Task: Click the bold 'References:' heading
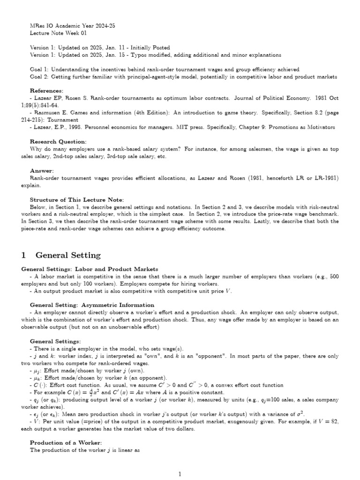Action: [46, 90]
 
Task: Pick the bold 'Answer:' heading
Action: [42, 171]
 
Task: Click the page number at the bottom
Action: [180, 474]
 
